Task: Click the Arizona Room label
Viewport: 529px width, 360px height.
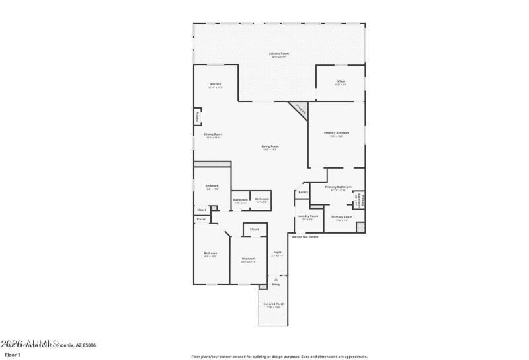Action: (279, 54)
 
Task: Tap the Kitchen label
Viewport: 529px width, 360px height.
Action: (216, 85)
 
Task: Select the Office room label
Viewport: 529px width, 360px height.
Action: (340, 83)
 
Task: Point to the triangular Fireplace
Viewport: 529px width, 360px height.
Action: (299, 109)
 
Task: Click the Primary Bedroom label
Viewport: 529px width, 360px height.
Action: (336, 134)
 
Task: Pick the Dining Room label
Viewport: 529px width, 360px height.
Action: (213, 135)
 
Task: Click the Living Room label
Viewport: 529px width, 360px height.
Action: (270, 147)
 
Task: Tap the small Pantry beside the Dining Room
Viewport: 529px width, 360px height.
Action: (197, 116)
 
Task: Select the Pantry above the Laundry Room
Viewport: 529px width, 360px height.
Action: (303, 192)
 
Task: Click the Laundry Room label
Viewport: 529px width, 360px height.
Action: (307, 217)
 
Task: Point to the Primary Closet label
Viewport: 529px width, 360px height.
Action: (341, 218)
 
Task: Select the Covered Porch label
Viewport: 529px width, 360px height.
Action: (274, 305)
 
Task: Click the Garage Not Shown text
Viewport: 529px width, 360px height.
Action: (305, 236)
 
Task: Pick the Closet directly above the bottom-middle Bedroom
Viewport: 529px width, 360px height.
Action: (254, 230)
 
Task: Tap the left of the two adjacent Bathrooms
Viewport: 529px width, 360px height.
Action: (240, 200)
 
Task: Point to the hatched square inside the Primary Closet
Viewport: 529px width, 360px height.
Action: (360, 227)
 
